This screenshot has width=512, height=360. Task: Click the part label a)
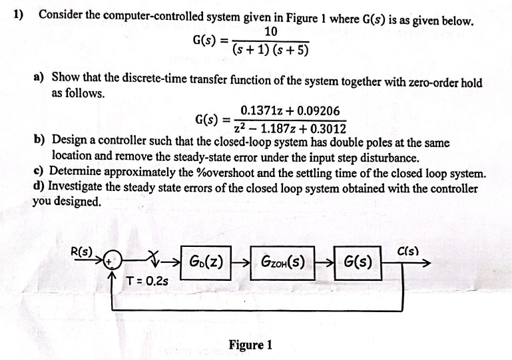coord(39,79)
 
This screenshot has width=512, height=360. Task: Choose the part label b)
coord(39,142)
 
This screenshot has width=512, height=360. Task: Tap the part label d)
coord(39,188)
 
